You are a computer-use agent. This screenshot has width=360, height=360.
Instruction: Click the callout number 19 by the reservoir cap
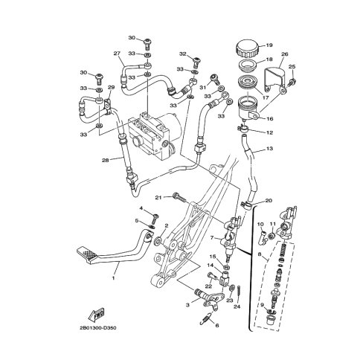point(270,45)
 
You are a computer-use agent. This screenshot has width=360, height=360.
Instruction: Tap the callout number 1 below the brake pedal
point(114,279)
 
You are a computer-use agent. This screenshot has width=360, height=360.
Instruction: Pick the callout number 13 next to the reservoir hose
point(270,150)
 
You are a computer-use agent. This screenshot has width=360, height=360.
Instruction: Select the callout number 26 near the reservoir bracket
point(284,54)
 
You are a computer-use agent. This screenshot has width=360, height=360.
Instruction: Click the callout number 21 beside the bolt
point(158,196)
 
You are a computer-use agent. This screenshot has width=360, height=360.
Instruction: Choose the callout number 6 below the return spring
point(216,324)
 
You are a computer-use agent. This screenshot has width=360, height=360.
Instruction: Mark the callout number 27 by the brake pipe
point(117,54)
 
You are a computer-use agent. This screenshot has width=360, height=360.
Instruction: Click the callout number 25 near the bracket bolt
point(292,68)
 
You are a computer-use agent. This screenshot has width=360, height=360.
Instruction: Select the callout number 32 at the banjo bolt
point(182,54)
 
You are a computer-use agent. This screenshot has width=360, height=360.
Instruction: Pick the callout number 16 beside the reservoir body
point(270,118)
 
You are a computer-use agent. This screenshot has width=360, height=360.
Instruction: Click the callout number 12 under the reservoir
point(270,132)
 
